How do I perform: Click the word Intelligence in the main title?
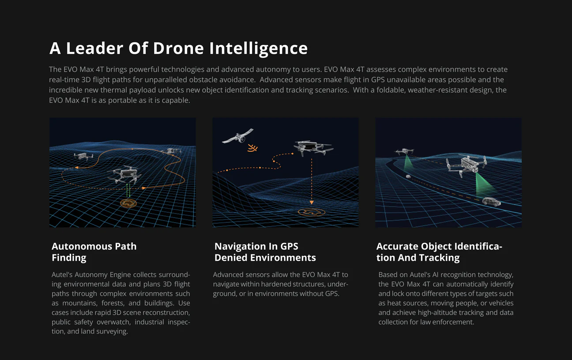tap(259, 49)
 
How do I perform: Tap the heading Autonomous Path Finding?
tap(94, 252)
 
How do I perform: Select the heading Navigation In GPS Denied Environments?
tap(265, 252)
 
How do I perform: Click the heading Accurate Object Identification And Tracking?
tap(439, 252)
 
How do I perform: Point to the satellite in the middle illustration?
tap(238, 136)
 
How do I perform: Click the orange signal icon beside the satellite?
tap(252, 148)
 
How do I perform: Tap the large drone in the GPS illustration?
tap(313, 148)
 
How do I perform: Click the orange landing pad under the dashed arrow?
tap(312, 212)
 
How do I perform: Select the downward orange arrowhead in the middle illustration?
tap(312, 202)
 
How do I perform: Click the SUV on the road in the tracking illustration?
tap(491, 202)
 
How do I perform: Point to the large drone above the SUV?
tap(466, 165)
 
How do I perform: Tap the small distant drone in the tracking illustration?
tap(404, 151)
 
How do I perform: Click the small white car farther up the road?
tap(408, 176)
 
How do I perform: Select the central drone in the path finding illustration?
tap(125, 174)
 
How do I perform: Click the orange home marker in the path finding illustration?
tap(128, 203)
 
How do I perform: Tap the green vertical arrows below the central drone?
tap(128, 190)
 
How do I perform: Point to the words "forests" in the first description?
tap(113, 303)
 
